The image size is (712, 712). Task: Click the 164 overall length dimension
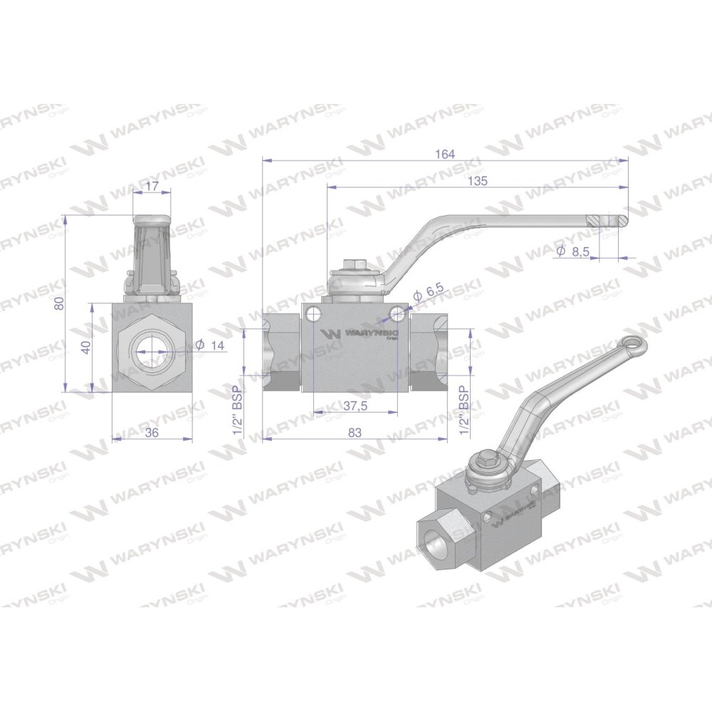[444, 154]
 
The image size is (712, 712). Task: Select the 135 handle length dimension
[477, 181]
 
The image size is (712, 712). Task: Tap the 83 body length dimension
[355, 433]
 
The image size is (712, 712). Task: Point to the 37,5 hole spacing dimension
[355, 406]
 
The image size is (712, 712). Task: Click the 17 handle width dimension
[152, 186]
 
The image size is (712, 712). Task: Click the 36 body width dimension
[152, 433]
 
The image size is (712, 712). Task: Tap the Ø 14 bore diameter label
[210, 345]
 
